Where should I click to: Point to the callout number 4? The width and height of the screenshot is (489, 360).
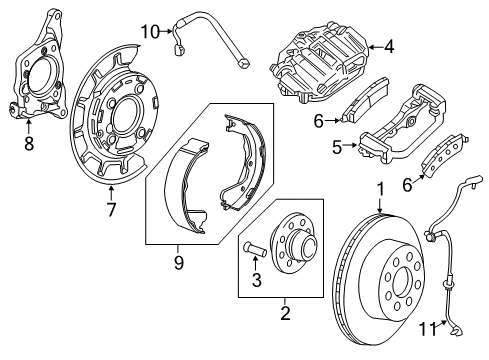point(389,44)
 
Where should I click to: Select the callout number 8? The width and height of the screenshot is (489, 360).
point(28,143)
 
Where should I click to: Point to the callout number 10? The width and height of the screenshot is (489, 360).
point(149,32)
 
